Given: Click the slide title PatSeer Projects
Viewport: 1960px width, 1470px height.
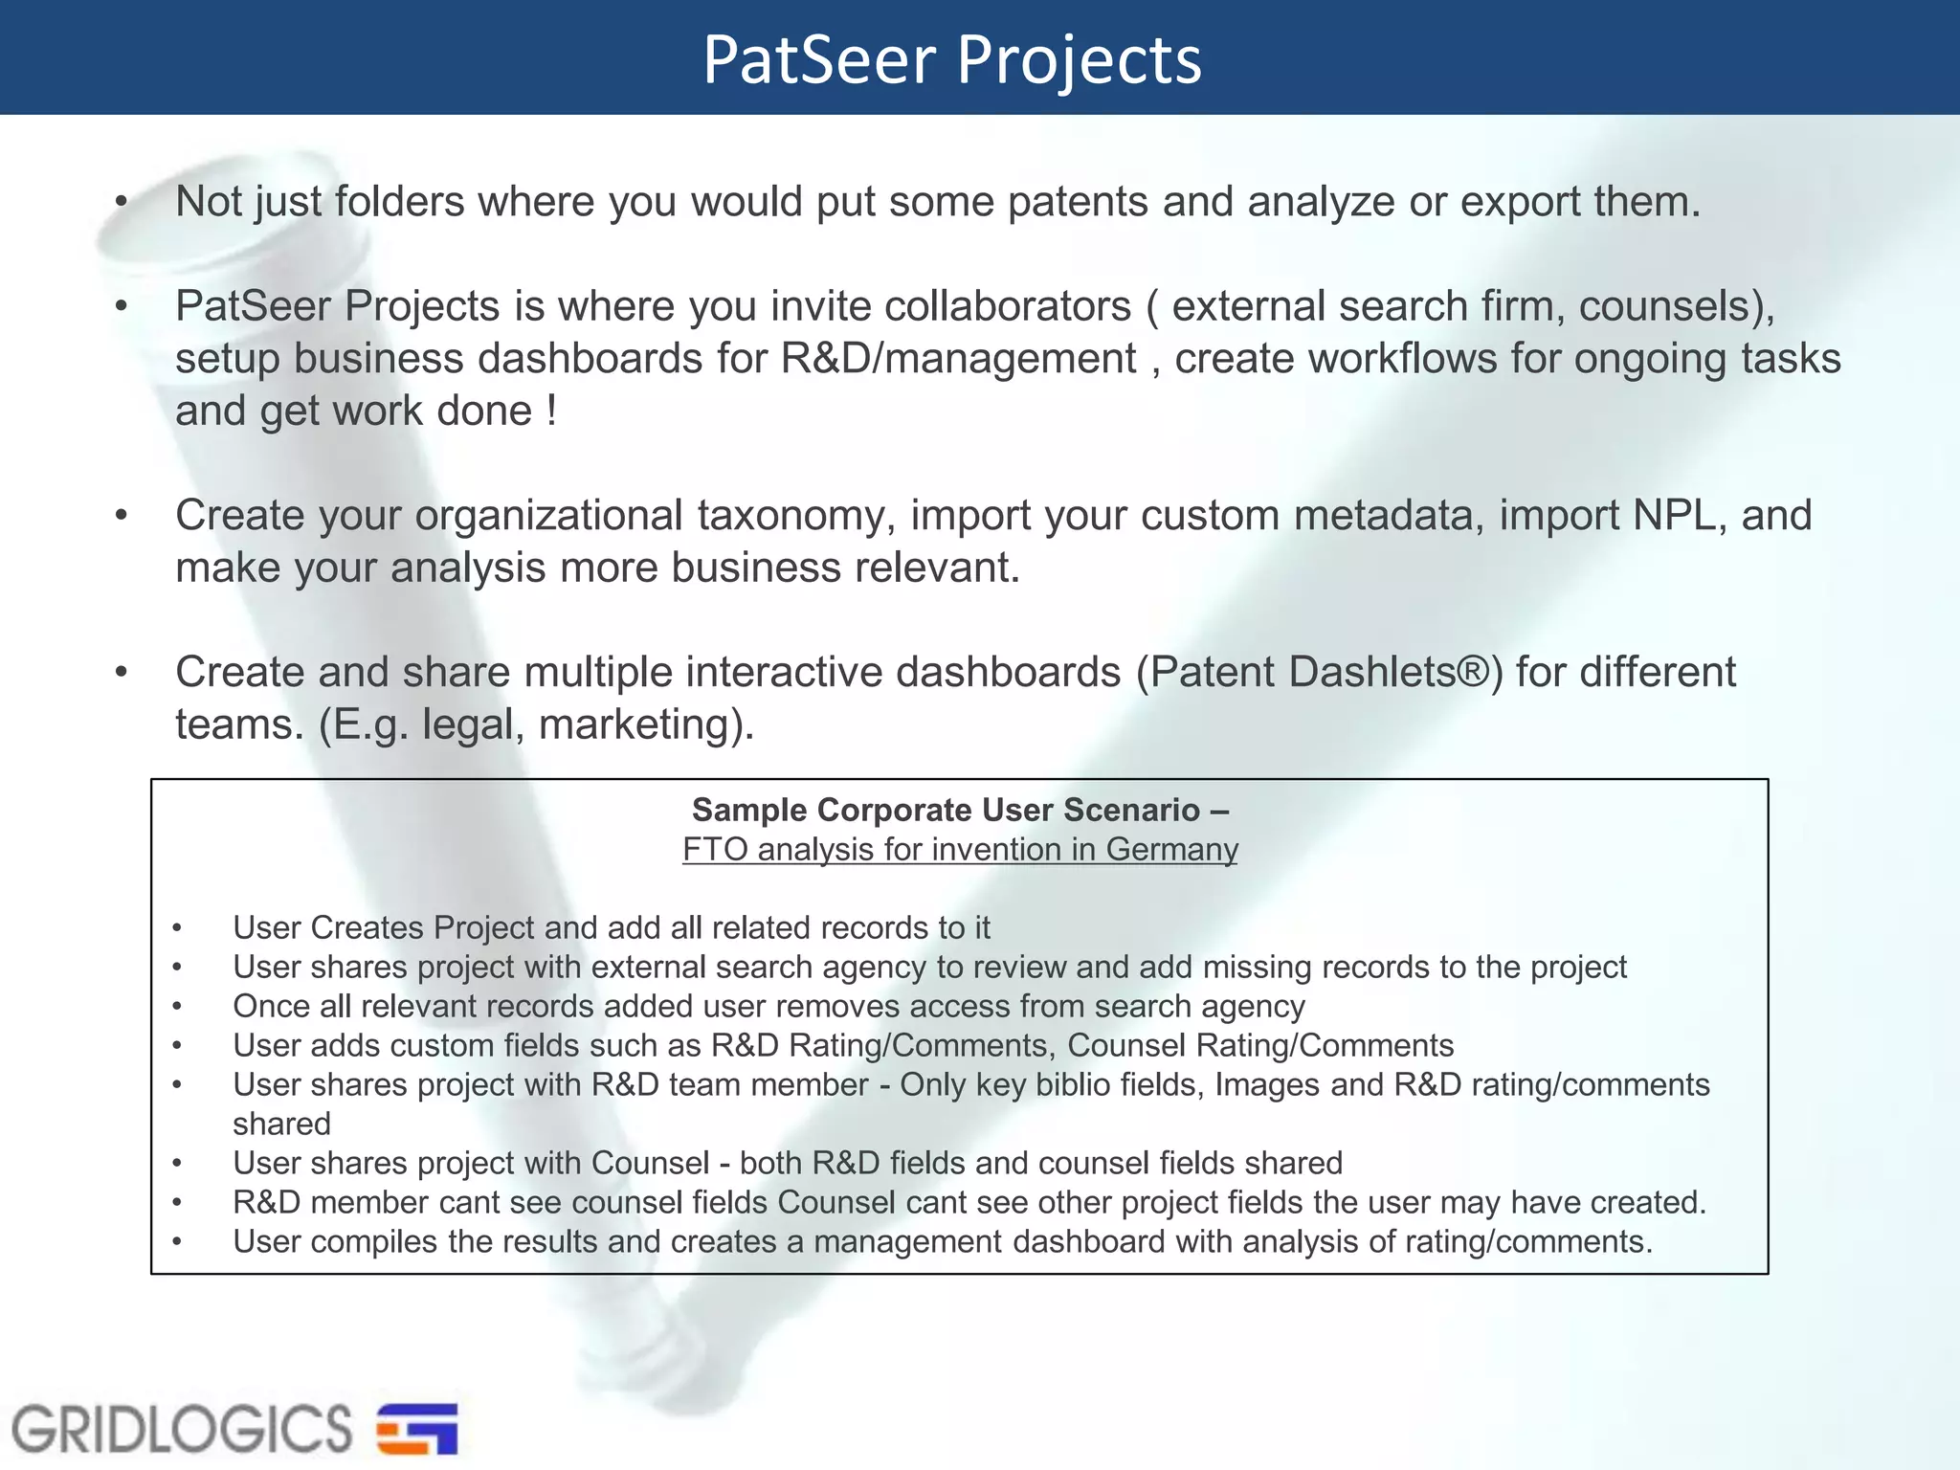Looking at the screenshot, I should coord(951,59).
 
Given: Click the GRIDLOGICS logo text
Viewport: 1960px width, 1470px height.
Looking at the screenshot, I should coord(182,1429).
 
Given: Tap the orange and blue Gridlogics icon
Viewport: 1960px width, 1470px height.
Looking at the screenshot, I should coord(417,1429).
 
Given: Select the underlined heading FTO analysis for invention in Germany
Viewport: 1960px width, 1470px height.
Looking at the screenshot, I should coord(960,850).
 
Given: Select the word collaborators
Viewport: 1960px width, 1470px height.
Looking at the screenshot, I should coord(1008,306).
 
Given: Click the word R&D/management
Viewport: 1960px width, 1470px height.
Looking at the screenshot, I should coord(958,359).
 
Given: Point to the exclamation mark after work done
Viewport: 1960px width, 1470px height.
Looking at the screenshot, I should coord(551,412).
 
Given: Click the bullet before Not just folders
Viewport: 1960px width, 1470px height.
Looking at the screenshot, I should coord(121,202).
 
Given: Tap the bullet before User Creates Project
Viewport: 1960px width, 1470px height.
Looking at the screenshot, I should coord(177,928).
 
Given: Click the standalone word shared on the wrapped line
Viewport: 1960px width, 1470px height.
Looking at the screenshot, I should coord(281,1125).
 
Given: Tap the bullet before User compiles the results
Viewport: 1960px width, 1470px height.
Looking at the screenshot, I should coord(177,1242).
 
